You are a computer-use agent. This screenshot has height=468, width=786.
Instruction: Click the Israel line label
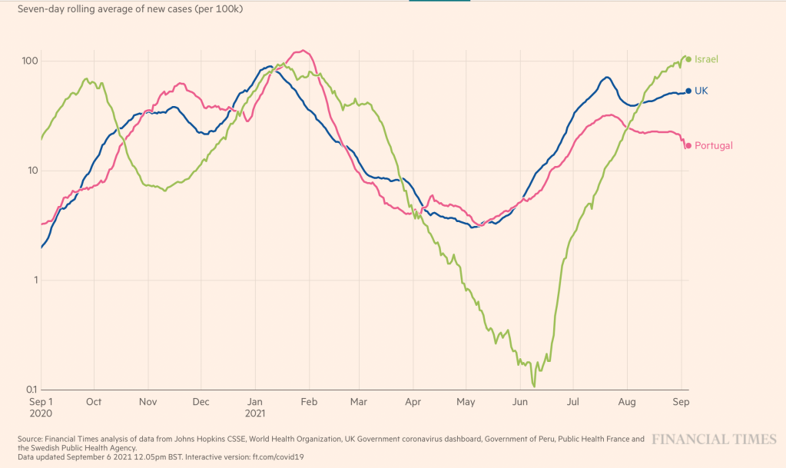tap(707, 59)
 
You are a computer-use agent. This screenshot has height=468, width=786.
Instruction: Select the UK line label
tap(701, 91)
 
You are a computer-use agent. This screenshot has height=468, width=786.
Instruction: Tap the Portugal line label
tap(714, 145)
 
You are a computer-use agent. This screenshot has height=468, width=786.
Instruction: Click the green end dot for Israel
tap(688, 59)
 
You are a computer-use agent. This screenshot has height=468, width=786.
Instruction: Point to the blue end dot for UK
tap(688, 91)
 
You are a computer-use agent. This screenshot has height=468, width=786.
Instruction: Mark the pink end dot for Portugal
tap(688, 145)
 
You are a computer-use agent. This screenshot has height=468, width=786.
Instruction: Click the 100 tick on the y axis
tap(29, 61)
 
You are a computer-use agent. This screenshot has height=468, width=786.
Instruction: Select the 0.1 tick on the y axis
tap(29, 390)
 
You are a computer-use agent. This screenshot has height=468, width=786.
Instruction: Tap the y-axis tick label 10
tap(32, 171)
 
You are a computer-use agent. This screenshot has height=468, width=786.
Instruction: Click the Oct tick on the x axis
tap(94, 401)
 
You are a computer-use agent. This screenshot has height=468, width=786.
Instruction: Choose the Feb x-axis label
tap(309, 401)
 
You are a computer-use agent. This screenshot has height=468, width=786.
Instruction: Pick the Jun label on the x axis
tap(520, 401)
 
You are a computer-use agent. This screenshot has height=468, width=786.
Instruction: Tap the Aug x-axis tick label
tap(627, 401)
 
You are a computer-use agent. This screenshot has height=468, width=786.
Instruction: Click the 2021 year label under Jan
tap(256, 413)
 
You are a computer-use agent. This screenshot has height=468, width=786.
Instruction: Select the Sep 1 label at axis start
tap(40, 401)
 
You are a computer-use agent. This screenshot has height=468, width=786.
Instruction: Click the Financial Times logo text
tap(715, 439)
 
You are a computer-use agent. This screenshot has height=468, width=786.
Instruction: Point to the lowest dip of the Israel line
tap(533, 386)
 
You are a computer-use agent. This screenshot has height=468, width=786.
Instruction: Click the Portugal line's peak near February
tap(304, 51)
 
